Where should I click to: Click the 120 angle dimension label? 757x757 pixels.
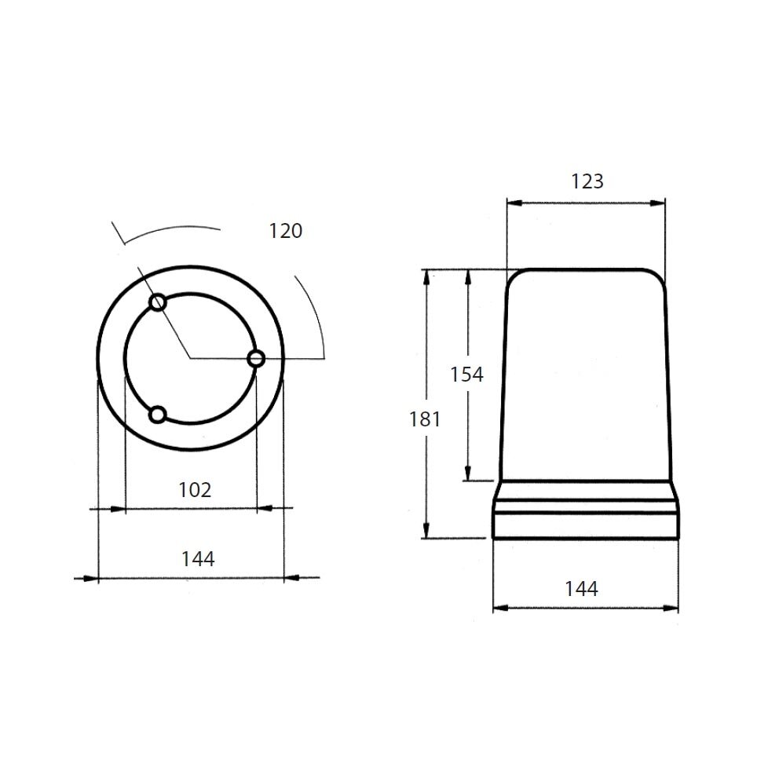285,231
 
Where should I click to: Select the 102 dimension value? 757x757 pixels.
195,490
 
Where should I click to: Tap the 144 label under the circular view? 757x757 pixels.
197,559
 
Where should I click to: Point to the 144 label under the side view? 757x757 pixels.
581,588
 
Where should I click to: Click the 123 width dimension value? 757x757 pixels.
587,181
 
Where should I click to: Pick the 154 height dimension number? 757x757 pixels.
466,375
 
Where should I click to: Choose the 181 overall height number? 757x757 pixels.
425,419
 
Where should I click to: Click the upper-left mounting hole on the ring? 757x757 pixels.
158,302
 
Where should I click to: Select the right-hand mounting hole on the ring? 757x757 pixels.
255,359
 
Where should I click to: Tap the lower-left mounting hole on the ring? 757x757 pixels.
158,414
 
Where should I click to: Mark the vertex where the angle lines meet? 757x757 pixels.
189,358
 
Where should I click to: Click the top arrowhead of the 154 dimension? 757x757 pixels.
469,276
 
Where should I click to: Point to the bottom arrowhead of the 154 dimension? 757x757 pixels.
469,474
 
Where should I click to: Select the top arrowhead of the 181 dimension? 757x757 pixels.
428,276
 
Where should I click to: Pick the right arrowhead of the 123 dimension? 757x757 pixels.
660,203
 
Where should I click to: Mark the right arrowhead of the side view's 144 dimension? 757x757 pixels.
672,608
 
